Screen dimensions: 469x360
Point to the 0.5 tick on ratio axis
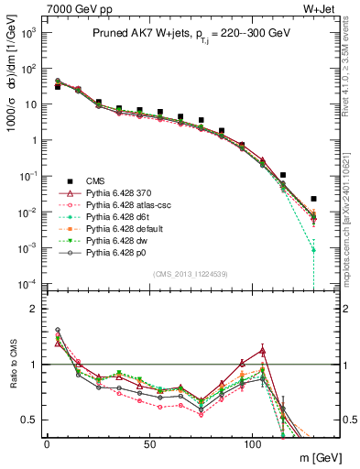27,420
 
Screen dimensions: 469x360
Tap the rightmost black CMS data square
314,199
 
